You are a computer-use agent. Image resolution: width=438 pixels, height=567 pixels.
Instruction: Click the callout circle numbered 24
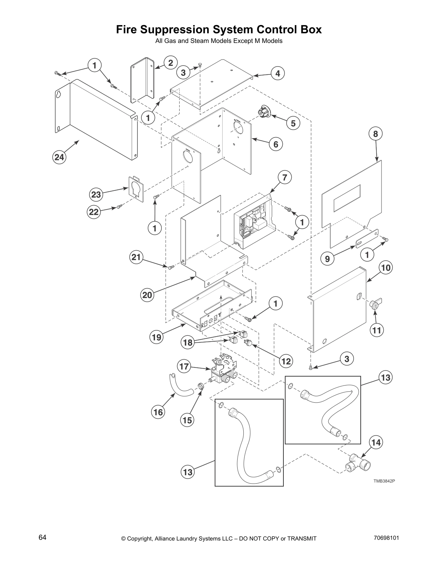tap(60, 157)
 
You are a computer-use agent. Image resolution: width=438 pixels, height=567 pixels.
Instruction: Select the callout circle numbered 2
tap(171, 63)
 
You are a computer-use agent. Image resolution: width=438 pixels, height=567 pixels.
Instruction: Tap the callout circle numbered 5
tap(293, 123)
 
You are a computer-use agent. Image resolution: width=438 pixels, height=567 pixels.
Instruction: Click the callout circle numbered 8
tap(375, 134)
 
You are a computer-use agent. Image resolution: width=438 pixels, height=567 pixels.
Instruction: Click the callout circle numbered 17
tap(184, 367)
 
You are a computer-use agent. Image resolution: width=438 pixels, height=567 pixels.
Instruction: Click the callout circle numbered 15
tap(188, 420)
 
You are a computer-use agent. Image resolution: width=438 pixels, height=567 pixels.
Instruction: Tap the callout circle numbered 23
tap(96, 195)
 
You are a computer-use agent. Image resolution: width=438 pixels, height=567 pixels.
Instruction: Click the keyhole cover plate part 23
tap(136, 186)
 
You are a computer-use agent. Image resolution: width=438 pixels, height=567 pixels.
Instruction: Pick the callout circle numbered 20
tap(147, 295)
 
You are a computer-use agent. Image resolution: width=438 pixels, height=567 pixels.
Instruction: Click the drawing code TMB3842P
tap(384, 481)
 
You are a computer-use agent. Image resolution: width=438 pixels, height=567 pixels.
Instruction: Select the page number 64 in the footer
tap(43, 538)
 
